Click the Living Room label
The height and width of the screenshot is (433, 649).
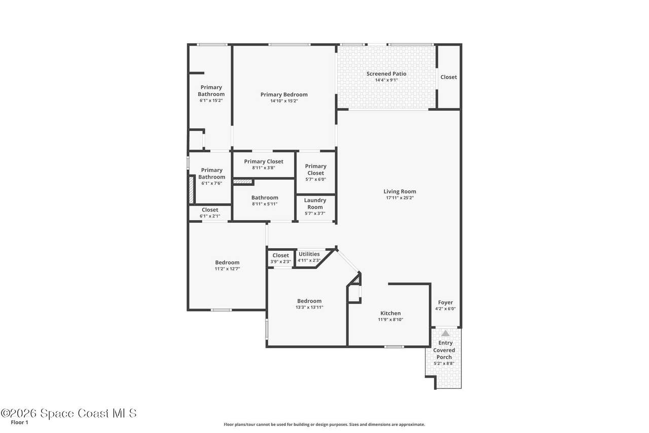[400, 191]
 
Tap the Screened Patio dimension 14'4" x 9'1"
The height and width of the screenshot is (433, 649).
[386, 80]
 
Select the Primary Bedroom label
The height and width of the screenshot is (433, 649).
[284, 94]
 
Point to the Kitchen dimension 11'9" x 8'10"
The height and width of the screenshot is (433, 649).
[390, 320]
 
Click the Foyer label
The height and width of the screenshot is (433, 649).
[445, 302]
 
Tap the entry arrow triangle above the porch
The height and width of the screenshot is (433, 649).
[445, 333]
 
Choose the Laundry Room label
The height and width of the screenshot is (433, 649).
[315, 204]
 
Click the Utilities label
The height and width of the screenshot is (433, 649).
[309, 254]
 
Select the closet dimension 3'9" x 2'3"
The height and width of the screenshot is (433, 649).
[280, 261]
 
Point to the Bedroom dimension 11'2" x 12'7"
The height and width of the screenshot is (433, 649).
[227, 269]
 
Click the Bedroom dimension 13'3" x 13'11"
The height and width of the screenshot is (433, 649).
[309, 308]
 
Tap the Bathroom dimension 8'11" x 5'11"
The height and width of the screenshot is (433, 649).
[265, 204]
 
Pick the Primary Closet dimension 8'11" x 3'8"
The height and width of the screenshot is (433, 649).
[263, 168]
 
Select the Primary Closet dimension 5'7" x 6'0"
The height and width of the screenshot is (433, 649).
[315, 179]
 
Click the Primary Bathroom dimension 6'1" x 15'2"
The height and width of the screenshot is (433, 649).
[211, 101]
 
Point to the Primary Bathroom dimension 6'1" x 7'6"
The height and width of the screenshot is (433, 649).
[211, 183]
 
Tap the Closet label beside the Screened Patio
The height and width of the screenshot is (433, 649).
[449, 77]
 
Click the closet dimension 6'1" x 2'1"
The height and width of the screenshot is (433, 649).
[210, 216]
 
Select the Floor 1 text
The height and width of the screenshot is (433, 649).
[19, 422]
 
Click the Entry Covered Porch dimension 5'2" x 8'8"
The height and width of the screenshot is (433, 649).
[444, 363]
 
